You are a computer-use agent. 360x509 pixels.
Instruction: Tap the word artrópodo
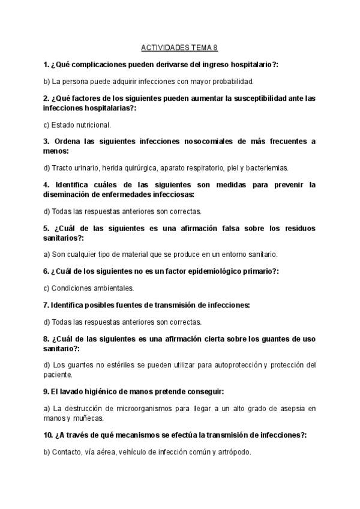(232, 452)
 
